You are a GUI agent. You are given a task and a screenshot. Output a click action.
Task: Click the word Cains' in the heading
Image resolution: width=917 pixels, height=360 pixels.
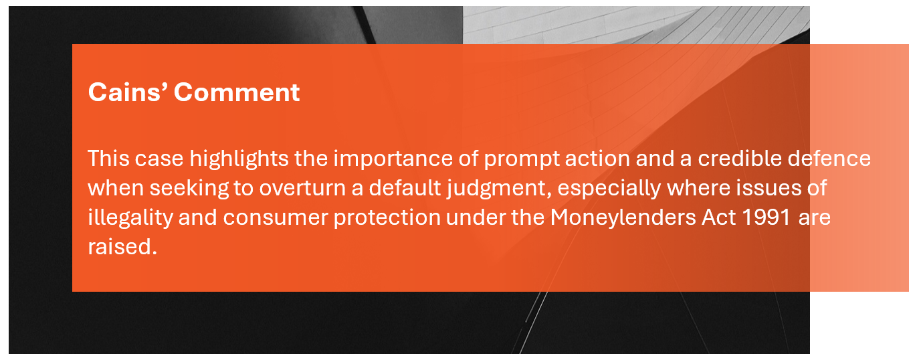coord(128,92)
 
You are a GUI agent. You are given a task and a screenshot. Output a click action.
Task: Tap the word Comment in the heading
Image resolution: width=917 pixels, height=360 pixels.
coord(237,92)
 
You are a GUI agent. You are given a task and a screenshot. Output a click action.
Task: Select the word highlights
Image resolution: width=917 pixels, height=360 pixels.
coord(239,159)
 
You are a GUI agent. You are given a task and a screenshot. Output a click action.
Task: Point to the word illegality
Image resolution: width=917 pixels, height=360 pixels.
coord(130,218)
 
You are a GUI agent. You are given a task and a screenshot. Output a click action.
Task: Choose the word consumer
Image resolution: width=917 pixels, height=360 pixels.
coord(276,218)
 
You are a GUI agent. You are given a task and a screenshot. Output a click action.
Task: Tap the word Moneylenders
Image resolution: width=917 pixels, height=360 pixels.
coord(623,217)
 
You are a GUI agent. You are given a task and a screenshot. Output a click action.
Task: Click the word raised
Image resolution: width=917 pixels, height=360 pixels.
coord(122,246)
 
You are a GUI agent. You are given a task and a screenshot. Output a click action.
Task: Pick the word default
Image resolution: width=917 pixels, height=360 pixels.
coord(405,187)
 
